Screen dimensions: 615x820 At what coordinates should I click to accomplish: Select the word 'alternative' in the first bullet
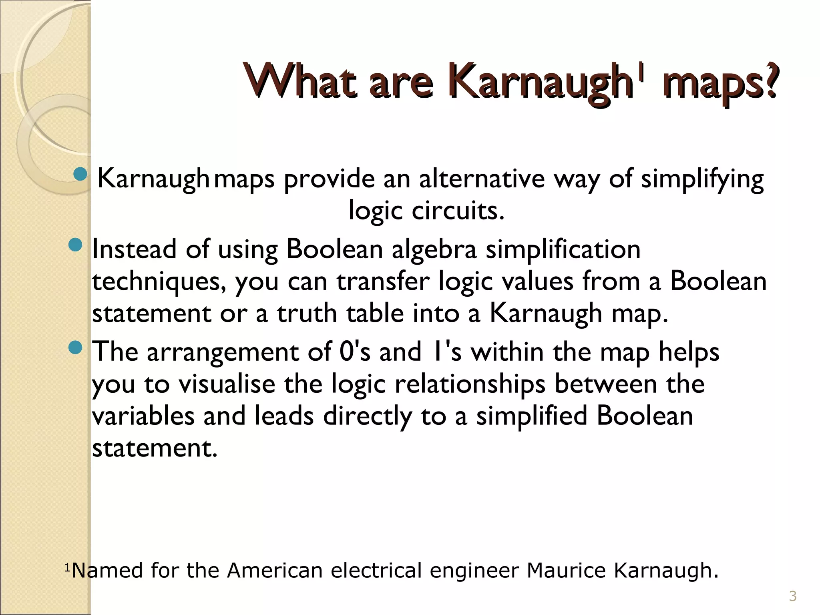pos(482,179)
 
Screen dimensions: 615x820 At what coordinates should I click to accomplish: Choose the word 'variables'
pos(143,416)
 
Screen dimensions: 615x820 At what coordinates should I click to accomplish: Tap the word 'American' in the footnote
pos(275,570)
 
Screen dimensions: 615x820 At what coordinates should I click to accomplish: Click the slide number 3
pos(793,597)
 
